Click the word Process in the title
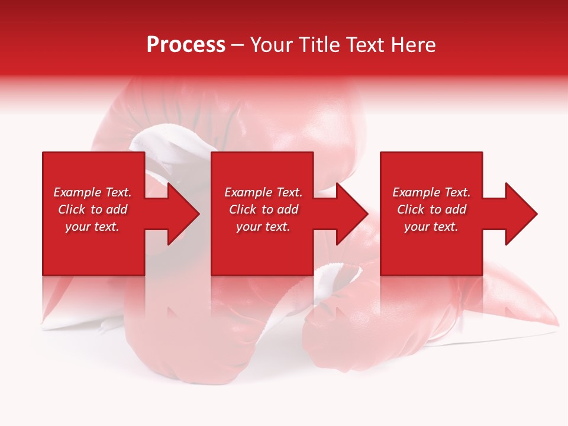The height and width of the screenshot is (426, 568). tap(186, 45)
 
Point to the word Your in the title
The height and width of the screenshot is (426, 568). tap(273, 45)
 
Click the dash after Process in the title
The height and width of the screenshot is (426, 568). tap(238, 46)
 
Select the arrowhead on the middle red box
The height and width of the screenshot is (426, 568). tap(351, 214)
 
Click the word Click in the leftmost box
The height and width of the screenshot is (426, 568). tap(72, 209)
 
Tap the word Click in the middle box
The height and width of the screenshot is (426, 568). tap(243, 209)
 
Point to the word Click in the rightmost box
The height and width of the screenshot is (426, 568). tap(411, 209)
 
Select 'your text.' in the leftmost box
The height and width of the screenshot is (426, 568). tap(92, 227)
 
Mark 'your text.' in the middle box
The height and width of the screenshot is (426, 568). tap(263, 227)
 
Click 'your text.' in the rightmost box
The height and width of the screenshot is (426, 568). tap(431, 227)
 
